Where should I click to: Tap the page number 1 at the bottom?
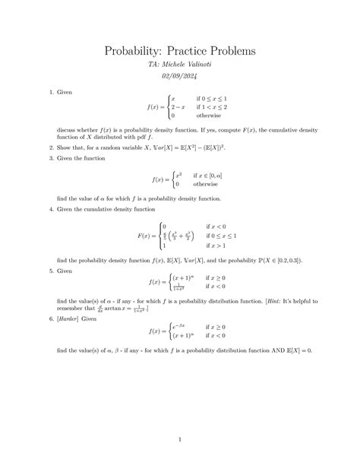click(180, 439)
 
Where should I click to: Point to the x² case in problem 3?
click(178, 175)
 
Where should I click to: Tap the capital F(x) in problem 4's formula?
click(144, 236)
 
